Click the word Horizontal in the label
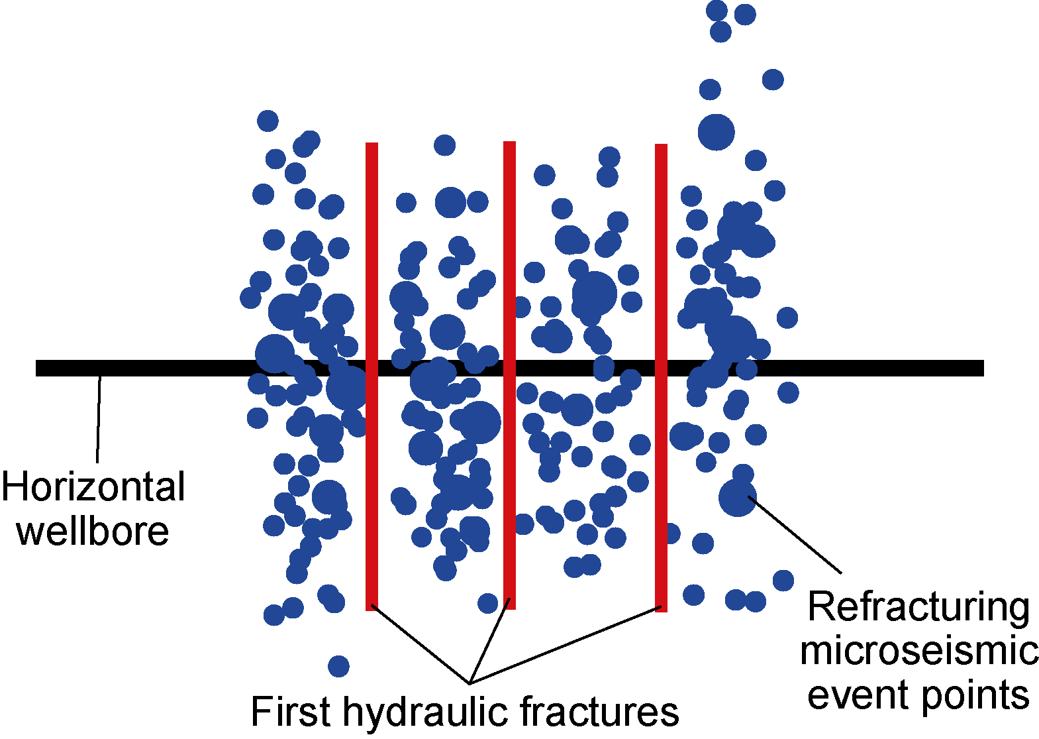tap(93, 487)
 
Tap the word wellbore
tap(93, 531)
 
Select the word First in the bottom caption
tap(290, 712)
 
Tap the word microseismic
tap(919, 651)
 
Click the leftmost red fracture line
tap(371, 265)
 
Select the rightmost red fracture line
tap(661, 265)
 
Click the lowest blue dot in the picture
tap(338, 665)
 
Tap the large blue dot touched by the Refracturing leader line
tap(737, 497)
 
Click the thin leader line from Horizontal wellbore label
tap(99, 418)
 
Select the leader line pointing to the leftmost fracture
tap(421, 644)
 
